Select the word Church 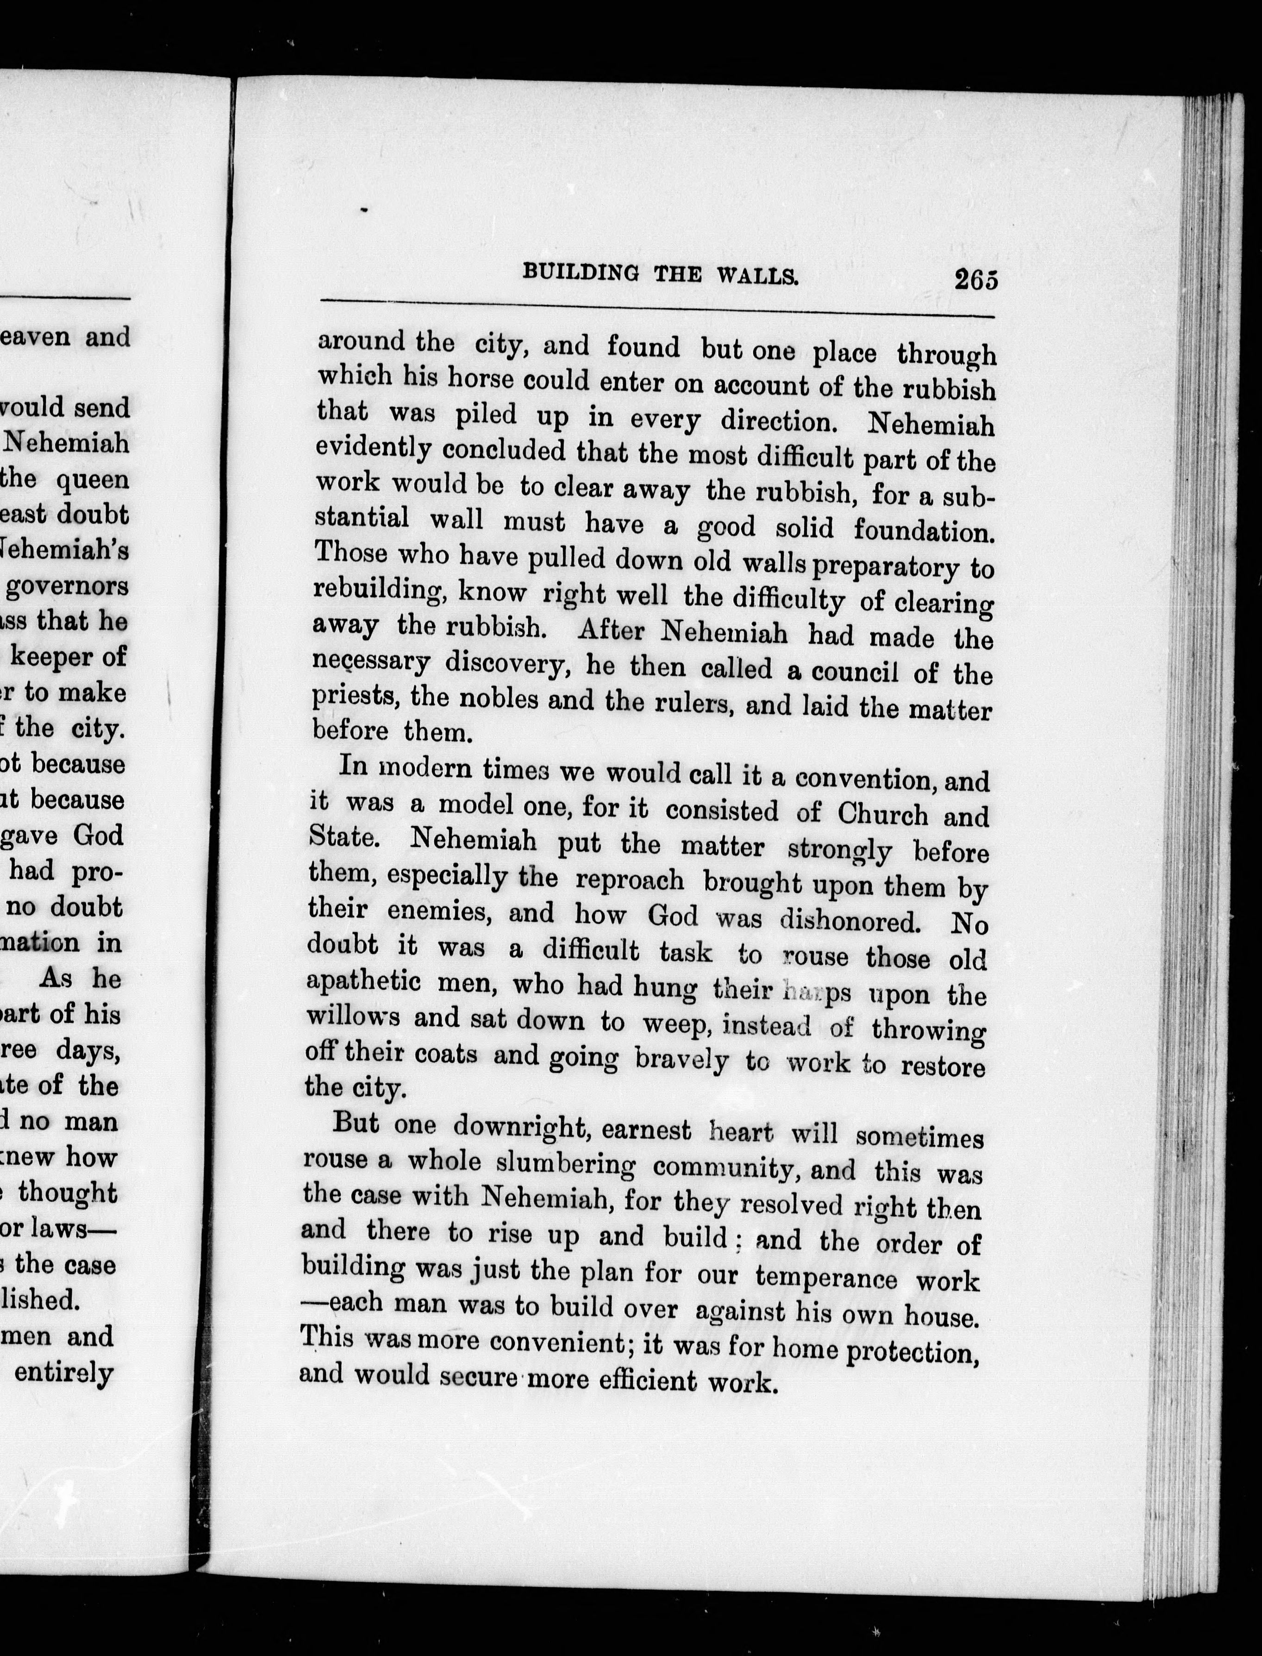coord(883,814)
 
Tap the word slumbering coord(566,1164)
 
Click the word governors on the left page coord(68,587)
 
